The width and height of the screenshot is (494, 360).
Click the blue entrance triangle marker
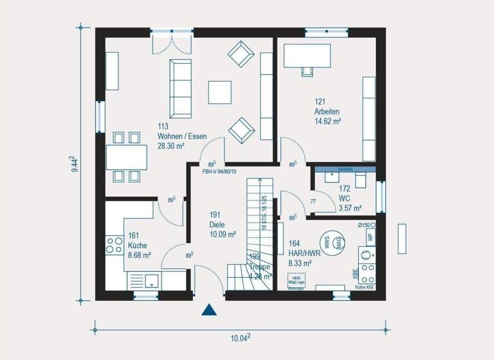tap(208, 311)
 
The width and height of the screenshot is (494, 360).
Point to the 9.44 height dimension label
tap(75, 165)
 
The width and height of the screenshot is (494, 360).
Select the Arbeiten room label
tap(327, 111)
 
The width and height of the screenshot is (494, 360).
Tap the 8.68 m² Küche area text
tap(139, 255)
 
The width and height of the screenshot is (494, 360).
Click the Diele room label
tap(217, 225)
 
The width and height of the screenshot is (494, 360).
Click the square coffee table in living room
tap(221, 91)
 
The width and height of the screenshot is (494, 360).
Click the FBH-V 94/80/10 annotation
tap(219, 172)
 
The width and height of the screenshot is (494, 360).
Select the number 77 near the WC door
tap(313, 202)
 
